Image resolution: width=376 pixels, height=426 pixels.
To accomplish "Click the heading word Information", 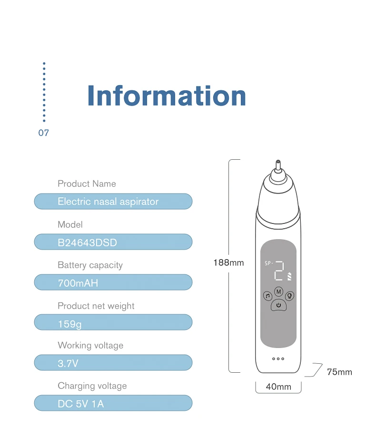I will pyautogui.click(x=167, y=96).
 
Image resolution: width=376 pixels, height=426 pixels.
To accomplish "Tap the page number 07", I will pyautogui.click(x=43, y=133).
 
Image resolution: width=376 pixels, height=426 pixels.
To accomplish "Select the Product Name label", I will pyautogui.click(x=87, y=184).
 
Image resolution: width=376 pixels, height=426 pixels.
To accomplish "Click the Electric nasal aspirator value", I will pyautogui.click(x=108, y=202).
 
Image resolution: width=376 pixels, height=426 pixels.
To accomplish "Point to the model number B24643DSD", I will pyautogui.click(x=87, y=242).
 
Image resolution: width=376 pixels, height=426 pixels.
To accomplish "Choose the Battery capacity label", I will pyautogui.click(x=90, y=265).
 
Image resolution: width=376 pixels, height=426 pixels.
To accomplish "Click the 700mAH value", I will pyautogui.click(x=78, y=283).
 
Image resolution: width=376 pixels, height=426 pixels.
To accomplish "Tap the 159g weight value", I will pyautogui.click(x=69, y=324).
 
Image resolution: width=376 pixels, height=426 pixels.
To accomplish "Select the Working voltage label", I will pyautogui.click(x=90, y=346).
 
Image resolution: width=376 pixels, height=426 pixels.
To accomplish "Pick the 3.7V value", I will pyautogui.click(x=68, y=364).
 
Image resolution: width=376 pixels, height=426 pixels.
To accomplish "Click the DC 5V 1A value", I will pyautogui.click(x=80, y=404).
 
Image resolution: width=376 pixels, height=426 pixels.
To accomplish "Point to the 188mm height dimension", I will pyautogui.click(x=228, y=262).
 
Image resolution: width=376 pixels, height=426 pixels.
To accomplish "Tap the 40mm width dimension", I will pyautogui.click(x=278, y=387).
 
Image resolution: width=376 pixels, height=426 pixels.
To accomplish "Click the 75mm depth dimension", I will pyautogui.click(x=339, y=372).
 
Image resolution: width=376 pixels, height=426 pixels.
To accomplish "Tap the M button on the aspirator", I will pyautogui.click(x=278, y=291).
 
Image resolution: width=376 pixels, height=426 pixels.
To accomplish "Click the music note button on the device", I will pyautogui.click(x=267, y=296).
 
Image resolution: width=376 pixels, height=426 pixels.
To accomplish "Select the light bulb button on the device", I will pyautogui.click(x=289, y=296).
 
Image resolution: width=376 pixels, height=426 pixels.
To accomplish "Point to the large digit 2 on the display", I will pyautogui.click(x=279, y=271).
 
